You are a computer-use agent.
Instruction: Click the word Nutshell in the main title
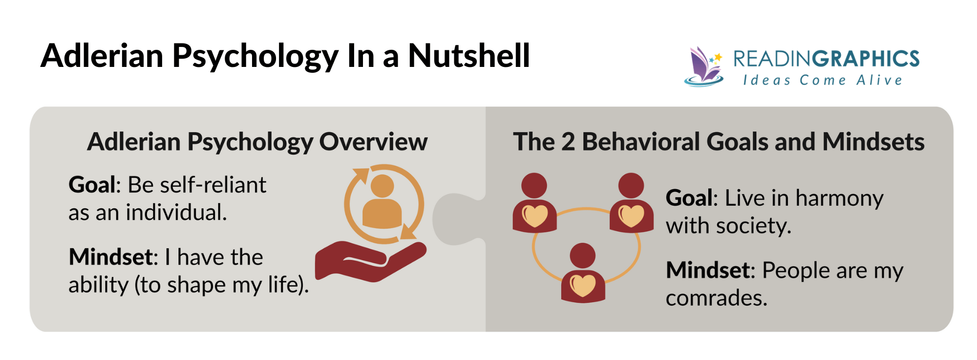coord(468,55)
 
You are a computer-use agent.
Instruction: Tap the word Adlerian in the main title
coord(102,55)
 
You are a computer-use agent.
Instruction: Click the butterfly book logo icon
coord(705,67)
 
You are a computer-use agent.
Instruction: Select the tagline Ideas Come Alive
coord(823,80)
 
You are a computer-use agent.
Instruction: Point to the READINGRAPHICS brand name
coord(826,59)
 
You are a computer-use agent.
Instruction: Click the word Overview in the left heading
coord(373,142)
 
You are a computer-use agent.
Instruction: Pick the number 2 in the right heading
coord(568,142)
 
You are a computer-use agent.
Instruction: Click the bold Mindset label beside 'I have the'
coord(111,257)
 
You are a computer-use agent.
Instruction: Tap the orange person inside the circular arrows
coord(382,203)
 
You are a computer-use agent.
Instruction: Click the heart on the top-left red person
coord(535,215)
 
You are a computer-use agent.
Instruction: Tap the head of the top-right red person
coord(631,186)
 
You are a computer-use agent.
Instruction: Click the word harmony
coord(839,198)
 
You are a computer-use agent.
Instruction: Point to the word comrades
coord(716,298)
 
